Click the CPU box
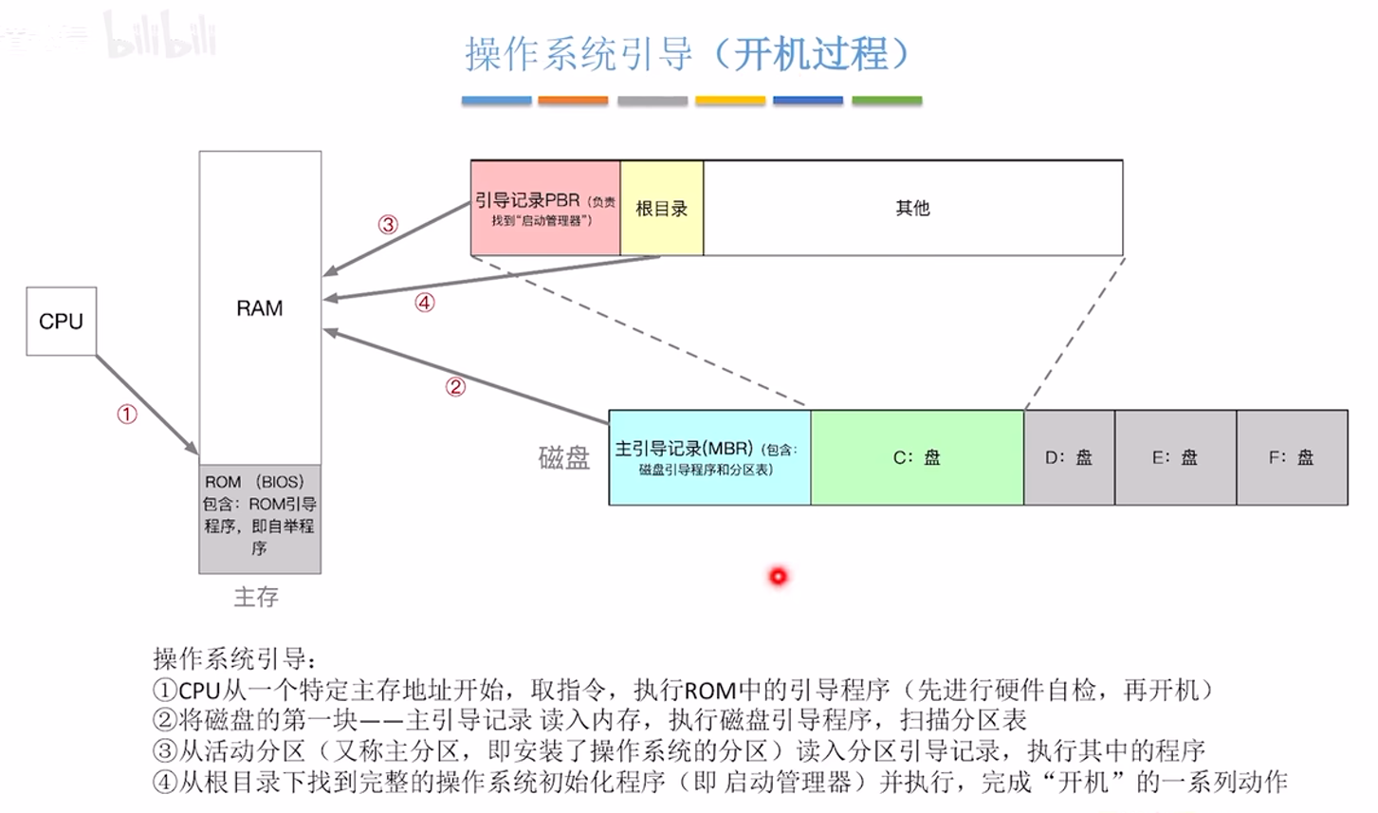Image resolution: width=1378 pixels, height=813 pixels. [61, 321]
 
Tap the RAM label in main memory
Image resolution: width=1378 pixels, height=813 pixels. [260, 307]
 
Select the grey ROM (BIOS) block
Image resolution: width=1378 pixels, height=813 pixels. [260, 519]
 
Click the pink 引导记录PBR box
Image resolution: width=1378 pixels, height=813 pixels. [545, 208]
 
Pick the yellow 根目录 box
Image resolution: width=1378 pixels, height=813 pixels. [662, 208]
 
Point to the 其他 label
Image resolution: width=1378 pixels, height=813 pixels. [912, 208]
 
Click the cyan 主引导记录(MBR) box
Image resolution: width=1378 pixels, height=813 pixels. [710, 457]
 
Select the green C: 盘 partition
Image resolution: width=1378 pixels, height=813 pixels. [917, 457]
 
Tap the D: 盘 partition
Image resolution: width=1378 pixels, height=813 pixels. [1069, 457]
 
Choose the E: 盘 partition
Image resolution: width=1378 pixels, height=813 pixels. [1176, 457]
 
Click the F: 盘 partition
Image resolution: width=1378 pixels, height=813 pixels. [1292, 457]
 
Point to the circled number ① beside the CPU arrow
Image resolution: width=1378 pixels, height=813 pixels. [127, 414]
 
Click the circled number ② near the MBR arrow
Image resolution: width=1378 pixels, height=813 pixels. [455, 386]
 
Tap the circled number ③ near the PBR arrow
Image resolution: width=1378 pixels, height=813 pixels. [388, 224]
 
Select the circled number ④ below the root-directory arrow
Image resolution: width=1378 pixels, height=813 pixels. [425, 303]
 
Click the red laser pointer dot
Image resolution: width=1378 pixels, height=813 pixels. [779, 577]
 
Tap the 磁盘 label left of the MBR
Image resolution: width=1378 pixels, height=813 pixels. [564, 457]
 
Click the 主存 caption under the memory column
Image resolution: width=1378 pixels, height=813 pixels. [256, 597]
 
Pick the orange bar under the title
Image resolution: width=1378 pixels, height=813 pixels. [573, 101]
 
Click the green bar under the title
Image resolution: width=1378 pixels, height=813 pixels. [887, 101]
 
